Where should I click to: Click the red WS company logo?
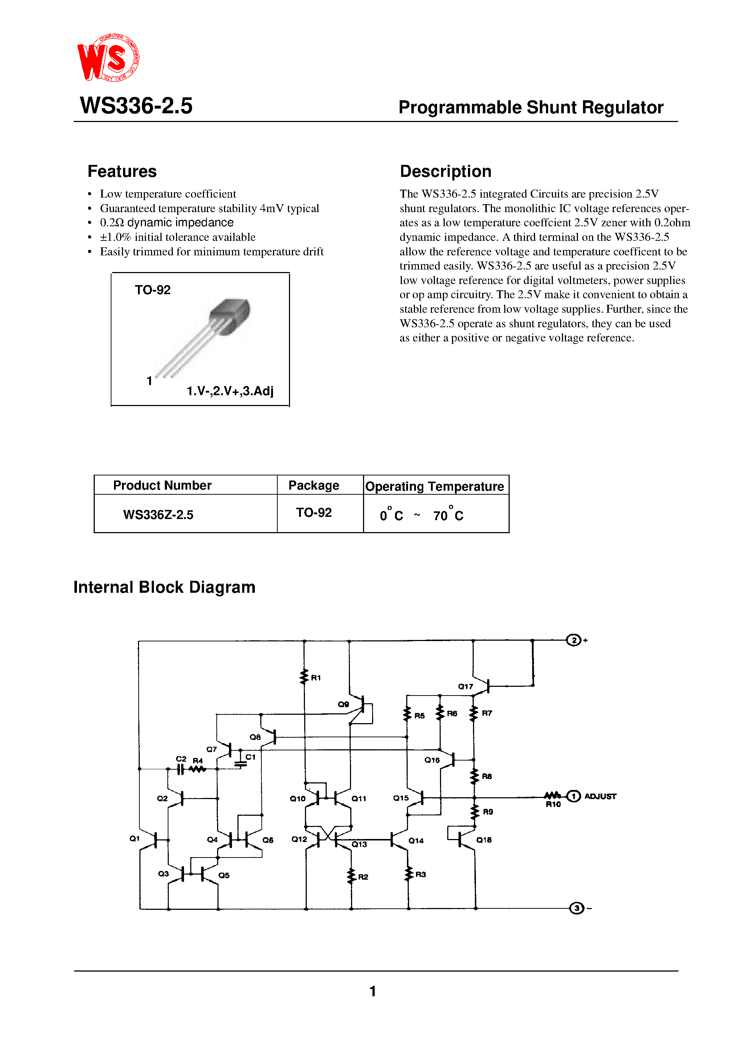tap(108, 58)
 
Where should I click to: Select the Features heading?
tap(122, 171)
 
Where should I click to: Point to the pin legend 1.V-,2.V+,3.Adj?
tap(230, 391)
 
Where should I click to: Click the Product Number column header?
tap(162, 485)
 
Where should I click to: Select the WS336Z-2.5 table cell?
tap(158, 515)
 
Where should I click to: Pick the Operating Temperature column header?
tap(434, 487)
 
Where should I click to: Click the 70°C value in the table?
tap(448, 515)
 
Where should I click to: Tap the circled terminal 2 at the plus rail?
tap(573, 641)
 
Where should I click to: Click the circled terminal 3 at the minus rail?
tap(576, 908)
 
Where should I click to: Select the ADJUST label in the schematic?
tap(600, 796)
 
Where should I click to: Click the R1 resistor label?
tap(316, 678)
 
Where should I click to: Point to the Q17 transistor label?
tap(465, 686)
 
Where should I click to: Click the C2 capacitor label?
tap(181, 759)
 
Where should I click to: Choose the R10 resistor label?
tap(553, 805)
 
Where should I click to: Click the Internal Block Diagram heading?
tap(164, 587)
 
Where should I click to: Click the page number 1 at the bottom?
tap(373, 991)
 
